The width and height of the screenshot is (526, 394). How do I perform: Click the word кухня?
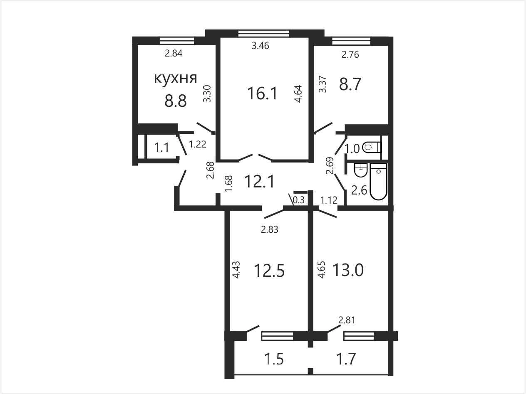[x=176, y=79]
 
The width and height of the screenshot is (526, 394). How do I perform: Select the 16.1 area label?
[x=262, y=93]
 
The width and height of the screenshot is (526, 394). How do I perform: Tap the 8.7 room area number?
[x=350, y=84]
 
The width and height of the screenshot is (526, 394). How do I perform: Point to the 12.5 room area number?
[x=269, y=271]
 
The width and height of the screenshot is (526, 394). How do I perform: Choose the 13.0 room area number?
[x=348, y=270]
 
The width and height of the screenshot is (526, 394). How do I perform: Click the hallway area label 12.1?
[x=260, y=181]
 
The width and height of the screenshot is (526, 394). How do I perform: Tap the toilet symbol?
[x=372, y=147]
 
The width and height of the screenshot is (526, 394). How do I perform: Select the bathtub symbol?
[x=379, y=182]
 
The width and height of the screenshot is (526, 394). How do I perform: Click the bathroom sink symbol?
[x=360, y=170]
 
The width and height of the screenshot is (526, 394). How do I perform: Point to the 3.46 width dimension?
[x=261, y=45]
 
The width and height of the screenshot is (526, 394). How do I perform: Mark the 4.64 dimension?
[x=298, y=94]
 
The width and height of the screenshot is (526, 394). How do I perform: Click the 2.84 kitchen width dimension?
[x=174, y=53]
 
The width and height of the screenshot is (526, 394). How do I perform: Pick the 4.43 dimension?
[x=236, y=270]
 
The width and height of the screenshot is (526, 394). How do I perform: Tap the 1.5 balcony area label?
[x=274, y=360]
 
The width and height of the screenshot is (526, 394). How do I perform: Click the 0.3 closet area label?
[x=299, y=200]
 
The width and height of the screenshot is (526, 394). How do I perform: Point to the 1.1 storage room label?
[x=162, y=147]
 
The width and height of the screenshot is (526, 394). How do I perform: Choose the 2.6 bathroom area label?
[x=359, y=190]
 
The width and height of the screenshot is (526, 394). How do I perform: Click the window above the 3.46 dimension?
[x=264, y=33]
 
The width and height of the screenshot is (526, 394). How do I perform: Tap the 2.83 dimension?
[x=270, y=230]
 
